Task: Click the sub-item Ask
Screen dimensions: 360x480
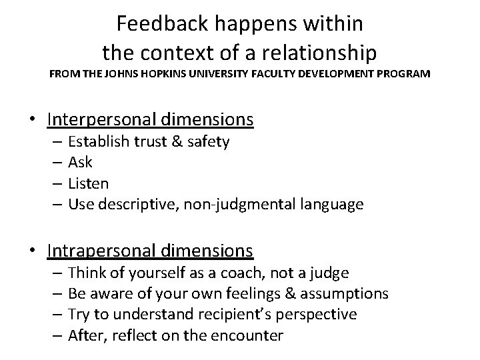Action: pos(81,162)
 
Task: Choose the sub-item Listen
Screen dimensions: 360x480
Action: pos(89,183)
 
